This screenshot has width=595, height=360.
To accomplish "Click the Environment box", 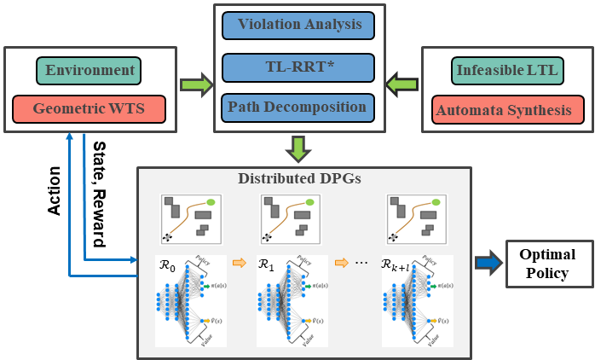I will click(x=90, y=70).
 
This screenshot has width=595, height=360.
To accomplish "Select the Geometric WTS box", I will click(x=90, y=108).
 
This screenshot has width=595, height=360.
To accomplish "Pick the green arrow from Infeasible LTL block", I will click(x=401, y=85).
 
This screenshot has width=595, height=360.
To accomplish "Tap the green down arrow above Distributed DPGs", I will click(x=297, y=150).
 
